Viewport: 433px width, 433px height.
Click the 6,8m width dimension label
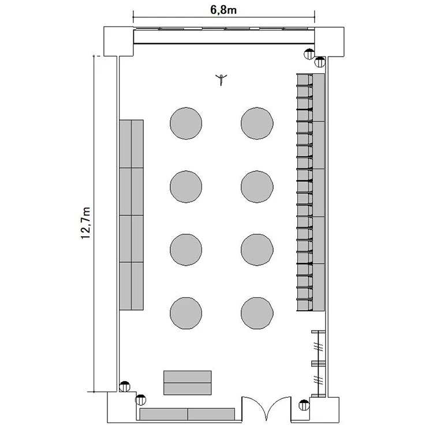tap(223, 10)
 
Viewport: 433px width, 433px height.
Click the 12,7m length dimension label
tap(85, 223)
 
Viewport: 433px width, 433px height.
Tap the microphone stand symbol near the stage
tap(221, 79)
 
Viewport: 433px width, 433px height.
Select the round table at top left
tap(186, 123)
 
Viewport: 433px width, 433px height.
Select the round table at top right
tap(257, 123)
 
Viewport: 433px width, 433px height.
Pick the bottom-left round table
tap(186, 313)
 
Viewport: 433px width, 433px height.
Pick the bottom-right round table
tap(257, 313)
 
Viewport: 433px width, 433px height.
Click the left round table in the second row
tap(186, 186)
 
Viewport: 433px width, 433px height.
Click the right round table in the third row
tap(257, 249)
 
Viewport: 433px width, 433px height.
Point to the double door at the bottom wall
tap(266, 408)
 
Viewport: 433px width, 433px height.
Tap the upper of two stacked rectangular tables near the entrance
tap(188, 376)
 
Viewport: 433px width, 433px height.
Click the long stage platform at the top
tap(224, 36)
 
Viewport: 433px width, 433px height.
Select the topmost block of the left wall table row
tap(132, 144)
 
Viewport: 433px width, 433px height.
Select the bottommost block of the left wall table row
tap(132, 286)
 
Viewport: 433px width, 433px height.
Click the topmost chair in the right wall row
tap(305, 80)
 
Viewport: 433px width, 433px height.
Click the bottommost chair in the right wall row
tap(305, 305)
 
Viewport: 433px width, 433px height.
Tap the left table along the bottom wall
tap(164, 414)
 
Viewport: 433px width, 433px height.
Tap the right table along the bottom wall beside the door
tap(211, 414)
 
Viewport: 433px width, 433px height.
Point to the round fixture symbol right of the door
tap(304, 405)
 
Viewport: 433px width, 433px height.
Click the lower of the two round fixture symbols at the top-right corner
tap(320, 62)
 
